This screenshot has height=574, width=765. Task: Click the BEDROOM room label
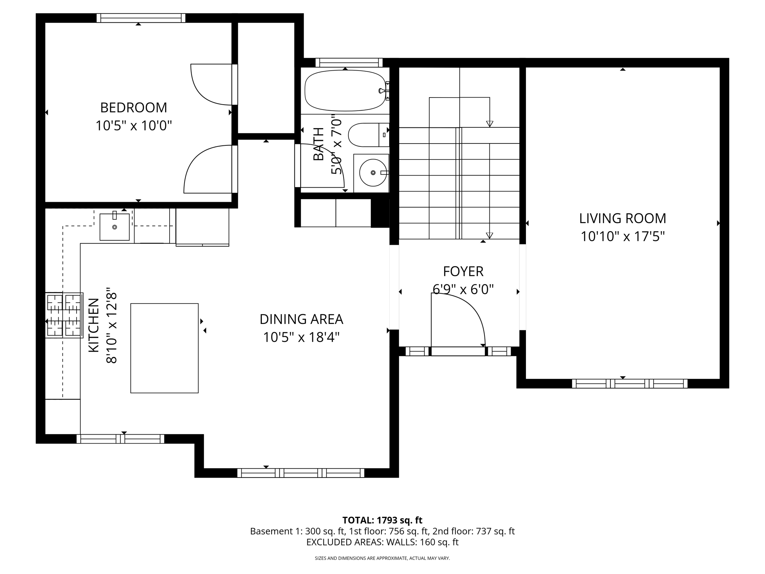click(x=133, y=108)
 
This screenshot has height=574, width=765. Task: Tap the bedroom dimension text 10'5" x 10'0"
click(x=133, y=126)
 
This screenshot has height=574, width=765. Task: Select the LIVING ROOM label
click(x=622, y=218)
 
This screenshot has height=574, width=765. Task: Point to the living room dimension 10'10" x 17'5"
click(x=622, y=237)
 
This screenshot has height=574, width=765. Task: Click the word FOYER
click(x=463, y=271)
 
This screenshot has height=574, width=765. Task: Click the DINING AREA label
click(x=301, y=319)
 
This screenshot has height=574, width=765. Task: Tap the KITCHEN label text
click(x=94, y=325)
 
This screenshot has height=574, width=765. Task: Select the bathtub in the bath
click(x=344, y=91)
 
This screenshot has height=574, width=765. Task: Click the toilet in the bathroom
click(x=368, y=135)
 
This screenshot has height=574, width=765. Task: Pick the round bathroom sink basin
click(x=373, y=173)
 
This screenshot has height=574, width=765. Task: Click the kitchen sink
click(x=114, y=227)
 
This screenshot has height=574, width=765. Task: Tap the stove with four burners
click(x=64, y=315)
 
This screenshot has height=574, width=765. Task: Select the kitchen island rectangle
click(x=164, y=348)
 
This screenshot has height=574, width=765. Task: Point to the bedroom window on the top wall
click(x=141, y=18)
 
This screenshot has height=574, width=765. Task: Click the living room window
click(x=629, y=383)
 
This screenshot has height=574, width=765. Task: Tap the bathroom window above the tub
click(x=349, y=62)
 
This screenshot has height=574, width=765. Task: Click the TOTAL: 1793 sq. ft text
click(x=382, y=520)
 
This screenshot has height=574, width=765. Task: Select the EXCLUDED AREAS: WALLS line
click(x=382, y=542)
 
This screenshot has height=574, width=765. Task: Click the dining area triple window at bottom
click(x=301, y=473)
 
